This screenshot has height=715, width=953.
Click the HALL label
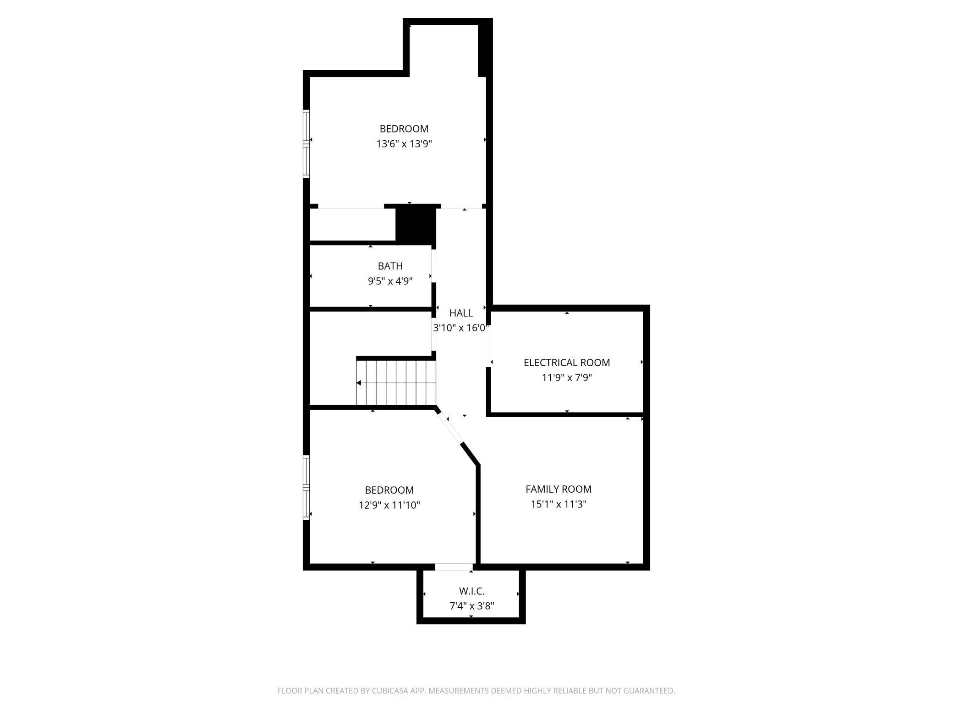point(461,313)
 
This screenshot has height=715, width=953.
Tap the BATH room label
point(390,266)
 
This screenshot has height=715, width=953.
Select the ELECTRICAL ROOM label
point(567,363)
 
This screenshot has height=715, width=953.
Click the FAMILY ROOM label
point(559,489)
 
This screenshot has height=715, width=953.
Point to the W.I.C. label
point(471,591)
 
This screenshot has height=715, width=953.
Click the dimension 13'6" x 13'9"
point(404,144)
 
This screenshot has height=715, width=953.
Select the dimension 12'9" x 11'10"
point(389,505)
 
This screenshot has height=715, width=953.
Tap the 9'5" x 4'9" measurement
point(390,281)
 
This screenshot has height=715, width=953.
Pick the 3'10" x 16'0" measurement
point(461,328)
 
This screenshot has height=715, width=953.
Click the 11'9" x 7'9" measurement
point(567,378)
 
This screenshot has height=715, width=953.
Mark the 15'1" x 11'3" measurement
point(559,504)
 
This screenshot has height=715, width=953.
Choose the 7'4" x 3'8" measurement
point(471,606)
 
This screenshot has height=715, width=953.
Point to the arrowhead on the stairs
point(359,383)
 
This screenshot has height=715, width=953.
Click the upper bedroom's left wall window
point(306,143)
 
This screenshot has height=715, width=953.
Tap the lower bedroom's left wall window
point(306,487)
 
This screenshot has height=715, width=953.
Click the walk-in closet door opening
point(454,567)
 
